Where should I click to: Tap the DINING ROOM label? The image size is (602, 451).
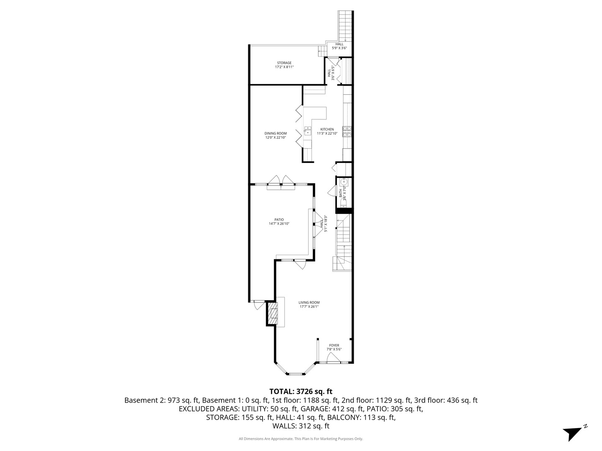coord(275,133)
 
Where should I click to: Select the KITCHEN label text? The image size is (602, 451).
coord(327,129)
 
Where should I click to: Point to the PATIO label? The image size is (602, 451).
coord(279,220)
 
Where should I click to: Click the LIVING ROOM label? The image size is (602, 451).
coord(309,303)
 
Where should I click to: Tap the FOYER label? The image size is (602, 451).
coord(334,345)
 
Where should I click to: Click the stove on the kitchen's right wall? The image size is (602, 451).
coord(347,132)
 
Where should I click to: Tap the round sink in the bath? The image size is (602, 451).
coord(344,182)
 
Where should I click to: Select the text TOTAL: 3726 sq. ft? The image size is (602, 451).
coord(301,391)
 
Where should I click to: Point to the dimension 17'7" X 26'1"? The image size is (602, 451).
coord(309,307)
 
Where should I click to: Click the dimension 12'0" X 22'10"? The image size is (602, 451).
coord(275,137)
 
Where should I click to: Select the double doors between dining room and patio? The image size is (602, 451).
coord(281,182)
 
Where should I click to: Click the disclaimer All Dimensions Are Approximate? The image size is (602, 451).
coord(301,439)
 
